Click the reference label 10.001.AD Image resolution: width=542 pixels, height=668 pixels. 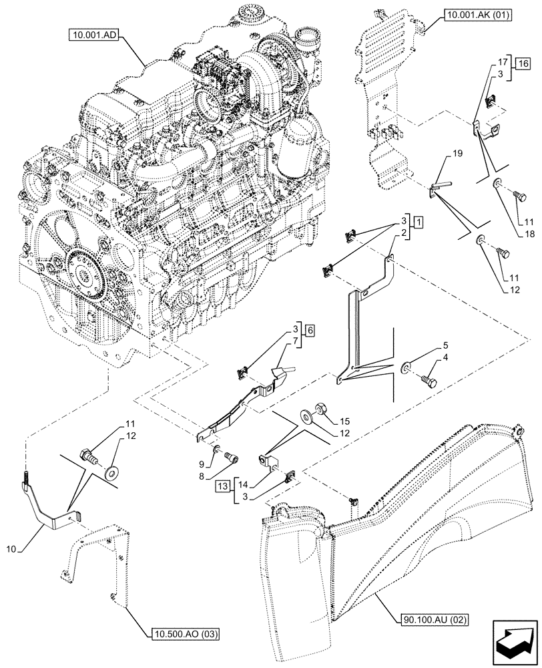point(93,34)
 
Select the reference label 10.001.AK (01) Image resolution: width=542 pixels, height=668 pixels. point(475,13)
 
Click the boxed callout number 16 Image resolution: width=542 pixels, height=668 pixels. point(523,64)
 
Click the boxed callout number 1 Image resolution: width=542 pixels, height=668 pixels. point(417,220)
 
